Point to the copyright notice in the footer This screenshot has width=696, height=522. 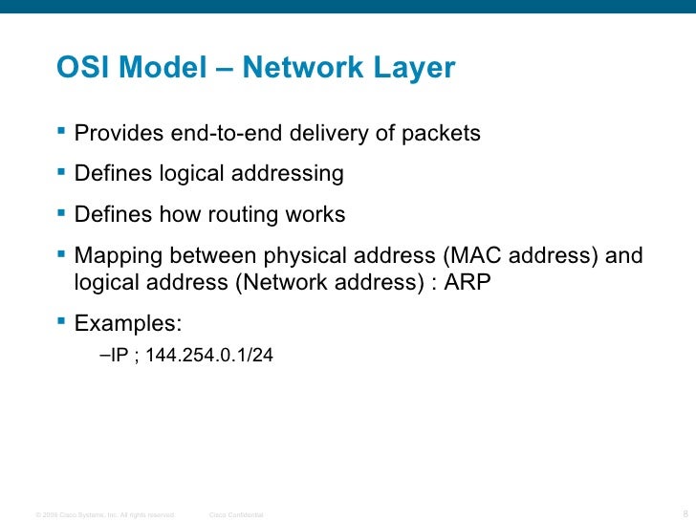point(103,514)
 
